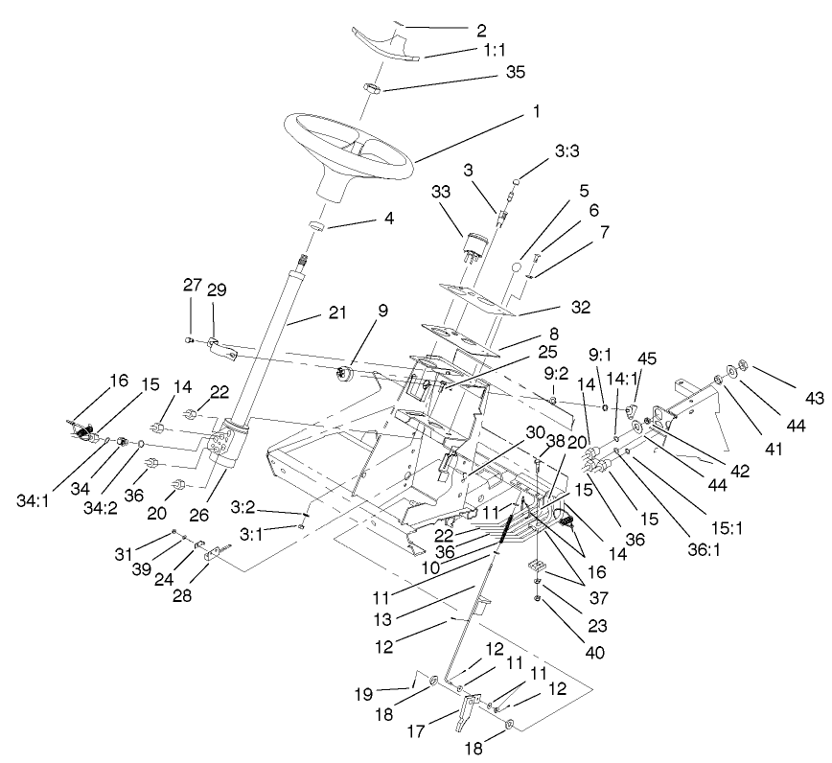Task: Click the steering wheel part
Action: click(x=348, y=153)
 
